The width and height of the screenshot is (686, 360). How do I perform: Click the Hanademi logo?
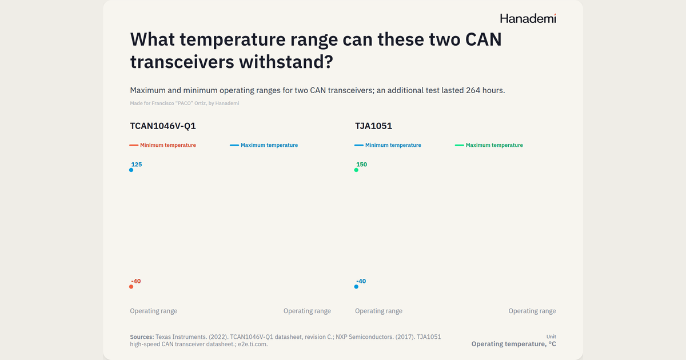(x=528, y=18)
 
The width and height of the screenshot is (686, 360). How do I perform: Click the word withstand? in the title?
(x=286, y=62)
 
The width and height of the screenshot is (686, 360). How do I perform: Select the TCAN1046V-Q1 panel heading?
(x=163, y=126)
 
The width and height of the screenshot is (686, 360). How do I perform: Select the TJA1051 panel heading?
(x=374, y=126)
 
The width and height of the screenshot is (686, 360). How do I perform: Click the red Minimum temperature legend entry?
(x=162, y=145)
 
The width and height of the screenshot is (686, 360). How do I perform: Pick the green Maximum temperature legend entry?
(x=489, y=145)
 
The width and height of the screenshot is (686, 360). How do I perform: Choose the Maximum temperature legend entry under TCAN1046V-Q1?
(x=264, y=145)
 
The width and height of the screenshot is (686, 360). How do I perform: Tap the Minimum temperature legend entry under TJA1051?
(x=388, y=145)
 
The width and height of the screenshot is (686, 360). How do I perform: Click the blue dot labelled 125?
(x=131, y=170)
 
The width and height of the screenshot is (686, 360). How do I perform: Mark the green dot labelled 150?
(x=356, y=170)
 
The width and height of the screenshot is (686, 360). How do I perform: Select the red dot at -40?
(x=131, y=286)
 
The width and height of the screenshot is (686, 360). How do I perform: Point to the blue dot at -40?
(x=356, y=286)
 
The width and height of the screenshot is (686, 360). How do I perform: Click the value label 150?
(x=362, y=165)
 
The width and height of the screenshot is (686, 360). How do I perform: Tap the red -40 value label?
(x=136, y=281)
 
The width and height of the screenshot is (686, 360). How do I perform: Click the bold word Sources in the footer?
(x=142, y=337)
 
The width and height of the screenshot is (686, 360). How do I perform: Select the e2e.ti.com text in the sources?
(x=253, y=344)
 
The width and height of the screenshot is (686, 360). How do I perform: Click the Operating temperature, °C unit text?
(x=513, y=344)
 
